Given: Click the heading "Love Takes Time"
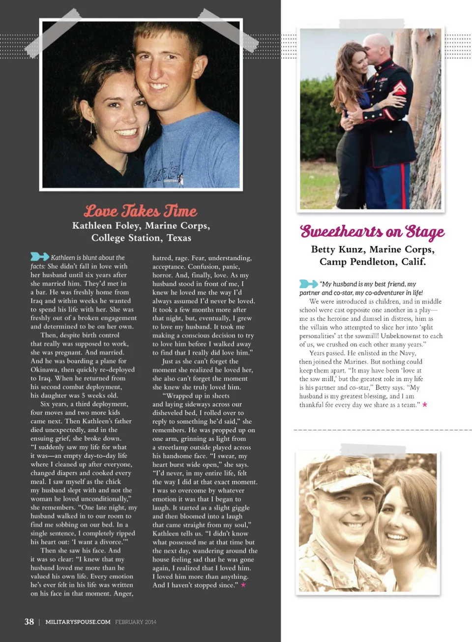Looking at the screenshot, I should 140,211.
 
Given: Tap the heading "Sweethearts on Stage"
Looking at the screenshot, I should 372,231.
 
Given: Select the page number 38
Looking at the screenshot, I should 29,621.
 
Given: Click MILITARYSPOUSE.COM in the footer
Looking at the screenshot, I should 78,622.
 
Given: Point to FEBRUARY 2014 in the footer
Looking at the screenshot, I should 136,622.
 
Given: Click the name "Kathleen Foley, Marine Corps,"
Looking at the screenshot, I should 141,226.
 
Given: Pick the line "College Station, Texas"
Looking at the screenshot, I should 141,238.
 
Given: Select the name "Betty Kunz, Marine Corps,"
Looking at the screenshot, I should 372,249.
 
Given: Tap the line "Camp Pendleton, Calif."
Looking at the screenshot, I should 372,262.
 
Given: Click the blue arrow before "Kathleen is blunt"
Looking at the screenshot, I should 39,256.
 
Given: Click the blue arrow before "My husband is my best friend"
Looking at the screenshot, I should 308,283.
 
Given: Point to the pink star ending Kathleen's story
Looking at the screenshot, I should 243,585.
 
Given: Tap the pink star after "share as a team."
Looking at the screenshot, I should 425,404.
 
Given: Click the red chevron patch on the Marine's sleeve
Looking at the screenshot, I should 399,88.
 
